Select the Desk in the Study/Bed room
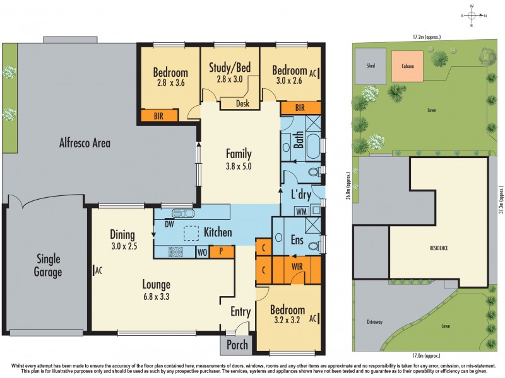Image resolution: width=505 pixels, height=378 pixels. tap(242, 103)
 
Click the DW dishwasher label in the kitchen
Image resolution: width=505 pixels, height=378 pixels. tap(169, 223)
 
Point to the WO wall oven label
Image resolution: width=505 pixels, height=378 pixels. tap(201, 251)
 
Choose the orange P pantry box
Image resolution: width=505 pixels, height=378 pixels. tap(222, 251)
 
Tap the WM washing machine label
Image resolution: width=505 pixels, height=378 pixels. tap(301, 210)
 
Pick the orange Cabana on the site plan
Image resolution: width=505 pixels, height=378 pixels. tap(407, 66)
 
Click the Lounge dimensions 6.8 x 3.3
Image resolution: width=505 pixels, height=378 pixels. tap(156, 297)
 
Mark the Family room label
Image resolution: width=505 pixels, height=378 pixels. tap(239, 154)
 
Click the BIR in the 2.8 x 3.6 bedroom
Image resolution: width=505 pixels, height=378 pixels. tap(159, 115)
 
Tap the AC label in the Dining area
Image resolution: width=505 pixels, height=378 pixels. tap(98, 271)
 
